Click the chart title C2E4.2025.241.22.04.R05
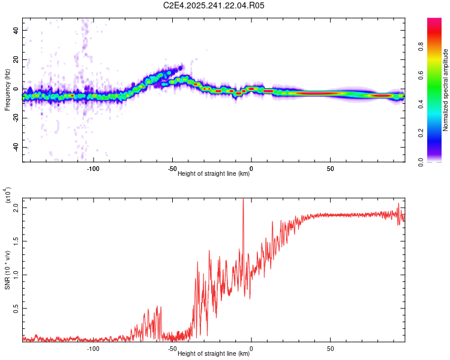click(x=214, y=5)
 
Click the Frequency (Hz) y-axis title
click(x=7, y=89)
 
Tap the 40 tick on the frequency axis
click(x=16, y=30)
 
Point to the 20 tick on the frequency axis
click(x=16, y=59)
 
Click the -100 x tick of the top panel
click(x=93, y=169)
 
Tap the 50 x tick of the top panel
click(x=331, y=169)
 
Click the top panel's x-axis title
click(x=214, y=174)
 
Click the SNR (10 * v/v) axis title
click(x=7, y=268)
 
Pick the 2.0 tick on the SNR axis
click(x=16, y=207)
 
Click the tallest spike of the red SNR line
click(x=243, y=200)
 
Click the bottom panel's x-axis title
click(x=214, y=354)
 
